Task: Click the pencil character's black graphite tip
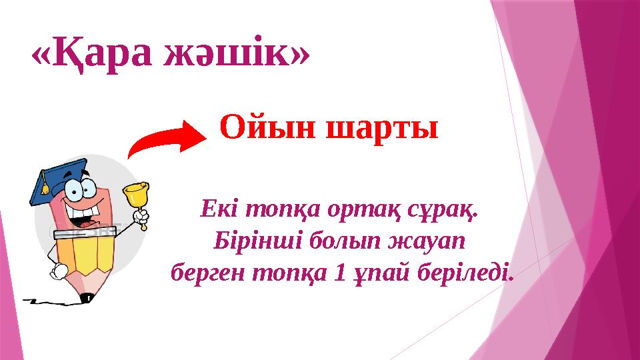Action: (x=85, y=298)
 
